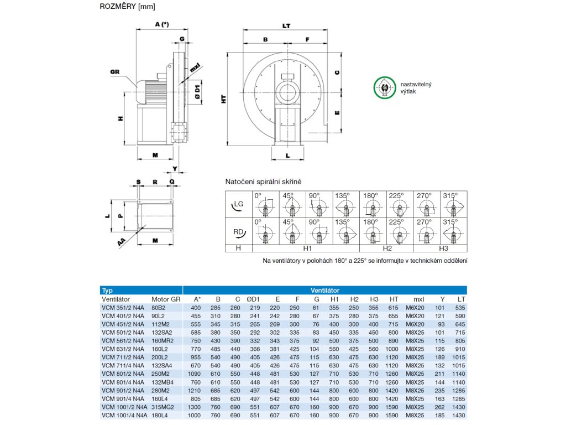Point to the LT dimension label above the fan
(286, 26)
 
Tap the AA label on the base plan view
(120, 241)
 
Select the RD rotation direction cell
(238, 231)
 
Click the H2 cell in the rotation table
(387, 248)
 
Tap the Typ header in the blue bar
(107, 290)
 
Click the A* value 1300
(195, 406)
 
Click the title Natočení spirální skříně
(263, 182)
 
